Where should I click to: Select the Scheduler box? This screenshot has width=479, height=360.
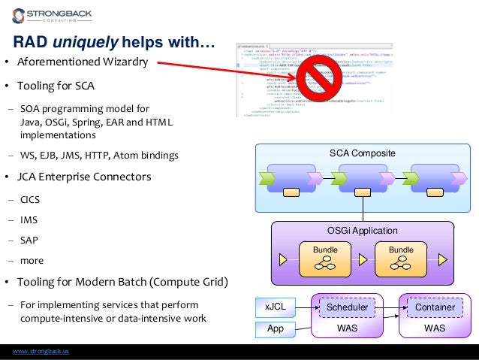click(347, 307)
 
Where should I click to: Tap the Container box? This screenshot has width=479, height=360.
click(435, 307)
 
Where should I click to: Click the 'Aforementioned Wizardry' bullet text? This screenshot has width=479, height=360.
click(83, 62)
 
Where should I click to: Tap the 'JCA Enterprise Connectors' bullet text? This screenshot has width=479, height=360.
click(86, 177)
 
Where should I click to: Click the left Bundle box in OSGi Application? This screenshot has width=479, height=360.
click(325, 259)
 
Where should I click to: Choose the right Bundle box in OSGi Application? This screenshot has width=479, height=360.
click(402, 259)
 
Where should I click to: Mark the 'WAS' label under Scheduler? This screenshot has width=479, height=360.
click(347, 328)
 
